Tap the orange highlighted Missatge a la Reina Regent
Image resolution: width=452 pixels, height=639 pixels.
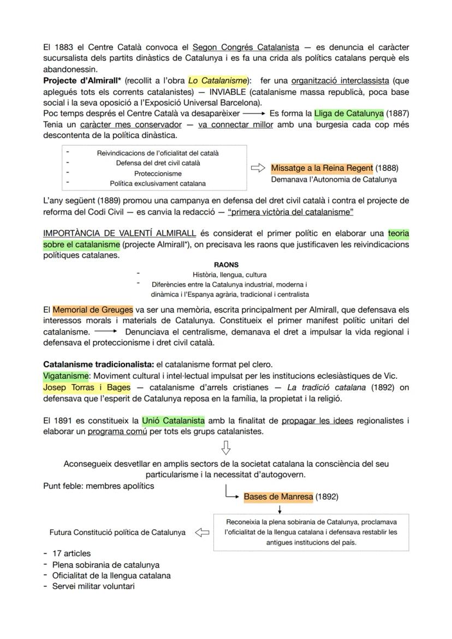[x=322, y=168]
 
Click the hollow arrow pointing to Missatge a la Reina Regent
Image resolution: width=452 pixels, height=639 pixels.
[x=258, y=168]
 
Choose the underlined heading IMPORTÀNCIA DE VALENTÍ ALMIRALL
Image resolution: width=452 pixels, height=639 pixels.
[x=120, y=234]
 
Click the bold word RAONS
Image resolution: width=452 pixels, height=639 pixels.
[x=226, y=265]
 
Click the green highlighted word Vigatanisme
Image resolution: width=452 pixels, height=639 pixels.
[x=66, y=376]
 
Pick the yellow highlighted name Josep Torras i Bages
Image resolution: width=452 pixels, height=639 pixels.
[x=87, y=387]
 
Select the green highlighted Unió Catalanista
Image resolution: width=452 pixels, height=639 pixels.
[x=174, y=421]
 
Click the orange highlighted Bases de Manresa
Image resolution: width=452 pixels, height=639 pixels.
[x=278, y=497]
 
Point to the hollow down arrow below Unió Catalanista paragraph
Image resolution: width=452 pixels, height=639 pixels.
[x=225, y=448]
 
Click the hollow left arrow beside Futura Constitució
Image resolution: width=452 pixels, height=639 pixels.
[x=202, y=532]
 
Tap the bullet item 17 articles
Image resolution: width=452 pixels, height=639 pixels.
[x=72, y=553]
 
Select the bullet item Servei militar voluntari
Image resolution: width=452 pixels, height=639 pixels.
[x=93, y=586]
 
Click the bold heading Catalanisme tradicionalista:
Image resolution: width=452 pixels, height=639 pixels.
[x=98, y=365]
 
